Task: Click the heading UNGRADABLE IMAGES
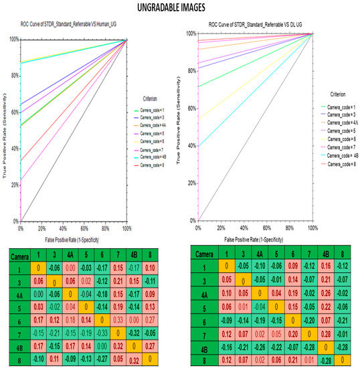click(179, 8)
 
